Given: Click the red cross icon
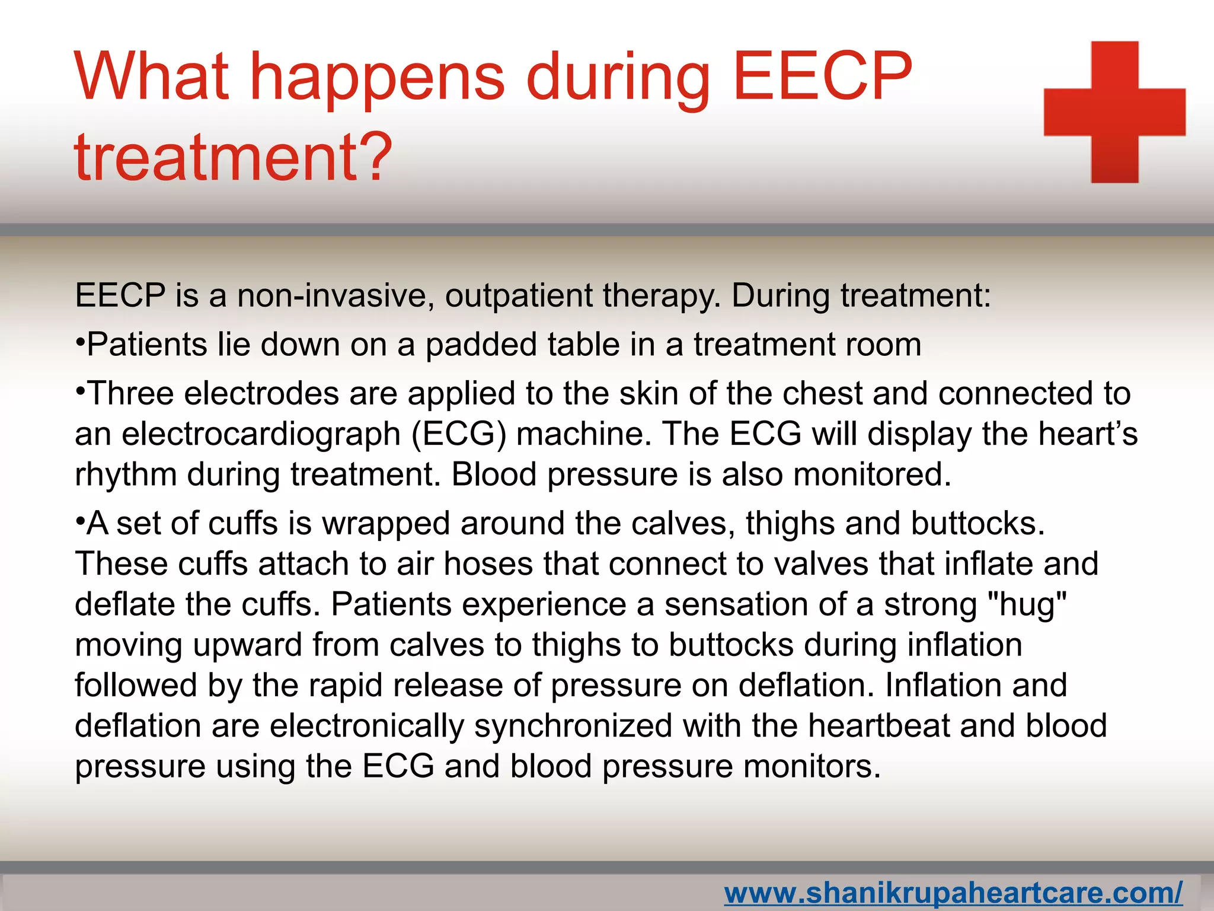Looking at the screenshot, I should (x=1114, y=112).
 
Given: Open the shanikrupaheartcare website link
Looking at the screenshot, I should (x=953, y=893).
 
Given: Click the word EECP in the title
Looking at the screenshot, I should (x=822, y=77).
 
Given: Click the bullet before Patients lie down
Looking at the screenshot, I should (x=81, y=343).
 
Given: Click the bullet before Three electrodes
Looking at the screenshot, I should (x=81, y=391).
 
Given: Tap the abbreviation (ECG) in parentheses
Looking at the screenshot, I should (x=459, y=434).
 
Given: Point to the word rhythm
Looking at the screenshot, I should (x=126, y=475).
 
